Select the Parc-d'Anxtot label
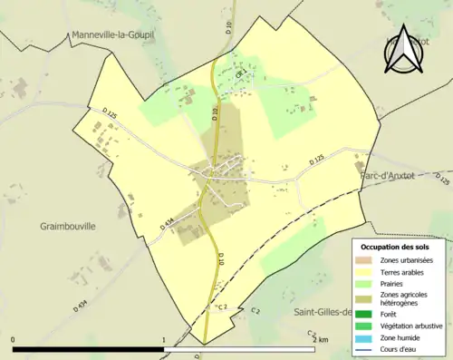click(x=393, y=176)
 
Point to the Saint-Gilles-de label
click(x=323, y=313)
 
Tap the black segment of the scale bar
click(x=88, y=349)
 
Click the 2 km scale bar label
click(x=319, y=339)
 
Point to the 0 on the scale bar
click(x=13, y=339)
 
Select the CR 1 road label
click(x=240, y=75)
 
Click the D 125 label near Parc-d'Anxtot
click(x=316, y=161)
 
